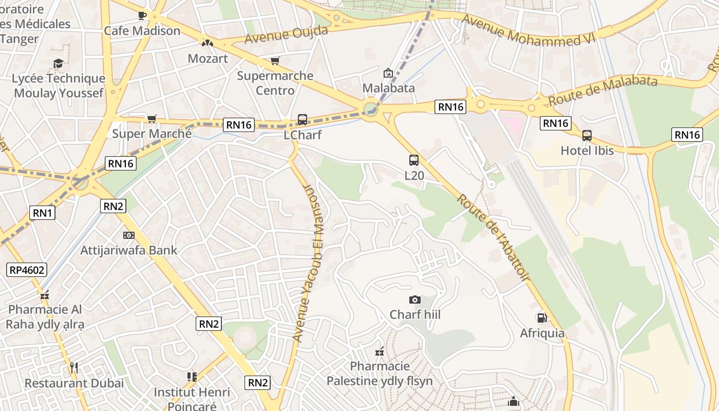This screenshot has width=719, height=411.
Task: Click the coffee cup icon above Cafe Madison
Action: [142, 16]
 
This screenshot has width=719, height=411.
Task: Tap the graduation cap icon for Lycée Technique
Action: [58, 64]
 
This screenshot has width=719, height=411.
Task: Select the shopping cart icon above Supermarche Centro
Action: [275, 61]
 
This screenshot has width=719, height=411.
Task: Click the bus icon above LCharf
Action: [302, 120]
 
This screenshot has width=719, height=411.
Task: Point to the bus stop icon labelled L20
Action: [414, 160]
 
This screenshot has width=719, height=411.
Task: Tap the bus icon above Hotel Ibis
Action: [587, 136]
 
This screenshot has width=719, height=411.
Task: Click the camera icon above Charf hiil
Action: [415, 300]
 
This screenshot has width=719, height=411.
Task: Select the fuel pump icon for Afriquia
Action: [542, 318]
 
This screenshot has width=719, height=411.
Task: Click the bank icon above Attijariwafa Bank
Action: [129, 235]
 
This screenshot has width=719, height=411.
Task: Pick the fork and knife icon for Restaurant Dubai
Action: [74, 367]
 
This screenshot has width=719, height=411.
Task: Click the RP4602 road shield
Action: [27, 270]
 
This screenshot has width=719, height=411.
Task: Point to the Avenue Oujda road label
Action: [286, 35]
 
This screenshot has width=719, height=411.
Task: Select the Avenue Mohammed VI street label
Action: [528, 30]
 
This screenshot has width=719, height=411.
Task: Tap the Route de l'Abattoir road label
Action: [493, 237]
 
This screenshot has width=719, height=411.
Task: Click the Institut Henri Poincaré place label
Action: [192, 399]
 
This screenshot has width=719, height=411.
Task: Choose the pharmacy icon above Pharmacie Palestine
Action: [380, 351]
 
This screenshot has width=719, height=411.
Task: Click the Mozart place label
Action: [207, 58]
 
